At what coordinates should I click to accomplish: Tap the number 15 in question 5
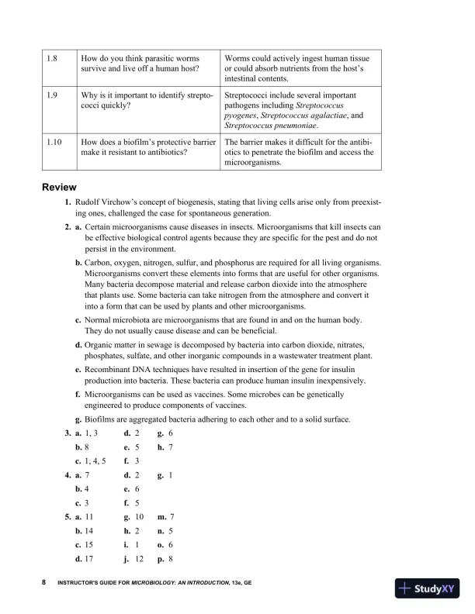coord(91,543)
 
